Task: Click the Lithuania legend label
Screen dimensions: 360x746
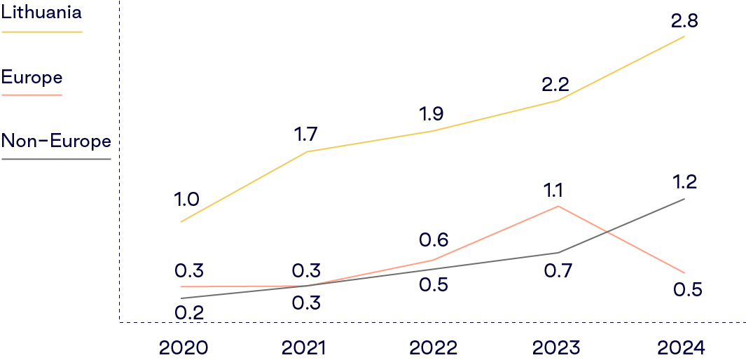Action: coord(41,12)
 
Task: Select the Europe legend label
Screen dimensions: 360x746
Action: coord(32,76)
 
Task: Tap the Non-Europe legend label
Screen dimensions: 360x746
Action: coord(56,141)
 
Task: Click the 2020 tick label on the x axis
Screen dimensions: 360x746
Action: coord(184,347)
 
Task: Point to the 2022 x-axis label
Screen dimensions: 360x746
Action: coord(433,347)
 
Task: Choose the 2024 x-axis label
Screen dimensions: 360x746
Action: coord(682,347)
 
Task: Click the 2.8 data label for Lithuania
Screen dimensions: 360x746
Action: coord(684,21)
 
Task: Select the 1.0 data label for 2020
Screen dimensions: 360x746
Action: coord(186,200)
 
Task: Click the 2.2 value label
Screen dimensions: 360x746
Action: coord(555,85)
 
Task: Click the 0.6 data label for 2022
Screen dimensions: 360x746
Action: coord(433,240)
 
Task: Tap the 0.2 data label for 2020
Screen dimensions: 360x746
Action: coord(189,312)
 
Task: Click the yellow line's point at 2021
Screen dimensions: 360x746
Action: coord(307,151)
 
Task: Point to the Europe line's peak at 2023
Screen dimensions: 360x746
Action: coord(558,206)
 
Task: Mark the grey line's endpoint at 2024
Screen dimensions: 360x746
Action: coord(684,199)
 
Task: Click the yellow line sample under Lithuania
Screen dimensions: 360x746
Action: coord(41,32)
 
